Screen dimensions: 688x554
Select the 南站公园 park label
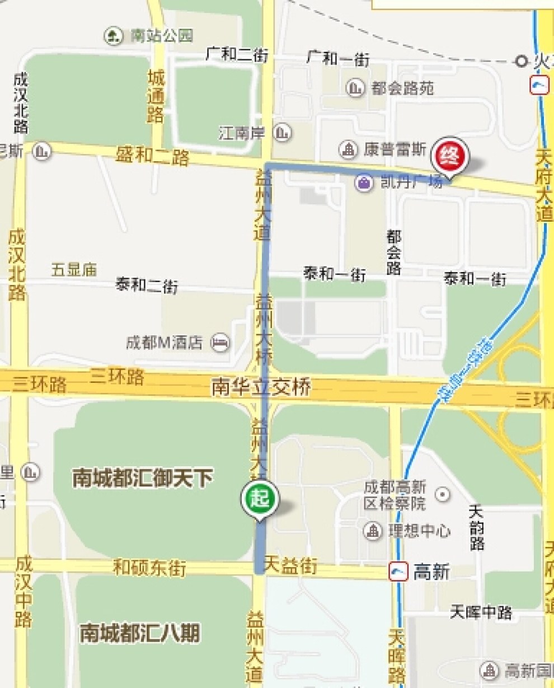[x=162, y=36]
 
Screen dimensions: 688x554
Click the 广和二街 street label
[x=237, y=55]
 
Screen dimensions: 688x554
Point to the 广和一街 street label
[x=338, y=58]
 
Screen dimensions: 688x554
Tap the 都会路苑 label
[x=402, y=88]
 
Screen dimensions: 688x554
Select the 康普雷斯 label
[x=395, y=149]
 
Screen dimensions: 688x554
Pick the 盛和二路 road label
[x=152, y=156]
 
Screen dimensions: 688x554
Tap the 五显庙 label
[x=74, y=270]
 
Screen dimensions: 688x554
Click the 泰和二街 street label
[x=147, y=286]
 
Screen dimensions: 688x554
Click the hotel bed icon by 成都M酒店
[x=220, y=343]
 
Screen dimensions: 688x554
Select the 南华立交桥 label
[x=260, y=387]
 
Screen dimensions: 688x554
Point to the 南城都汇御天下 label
[x=143, y=479]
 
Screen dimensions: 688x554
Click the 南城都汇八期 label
[x=139, y=634]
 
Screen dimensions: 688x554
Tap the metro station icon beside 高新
[x=398, y=572]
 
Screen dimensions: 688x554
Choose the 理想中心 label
[x=419, y=531]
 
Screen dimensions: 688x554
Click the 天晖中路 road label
[x=481, y=612]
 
